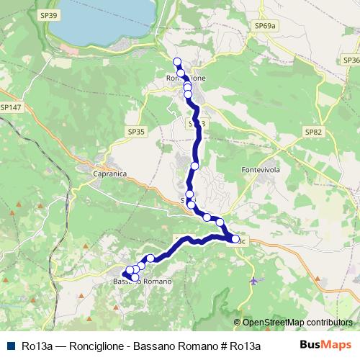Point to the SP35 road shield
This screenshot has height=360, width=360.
pyautogui.click(x=136, y=132)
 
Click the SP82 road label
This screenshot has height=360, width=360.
pyautogui.click(x=313, y=132)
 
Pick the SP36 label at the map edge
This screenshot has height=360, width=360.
pyautogui.click(x=351, y=60)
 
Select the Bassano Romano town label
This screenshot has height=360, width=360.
pyautogui.click(x=143, y=281)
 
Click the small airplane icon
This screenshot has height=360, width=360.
pyautogui.click(x=253, y=279)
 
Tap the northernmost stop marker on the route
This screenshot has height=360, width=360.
pyautogui.click(x=178, y=61)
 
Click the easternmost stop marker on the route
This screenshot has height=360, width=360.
pyautogui.click(x=235, y=239)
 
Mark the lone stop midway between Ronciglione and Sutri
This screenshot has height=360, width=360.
pyautogui.click(x=194, y=166)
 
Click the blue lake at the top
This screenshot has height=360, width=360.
pyautogui.click(x=108, y=22)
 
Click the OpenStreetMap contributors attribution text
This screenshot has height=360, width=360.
pyautogui.click(x=297, y=323)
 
